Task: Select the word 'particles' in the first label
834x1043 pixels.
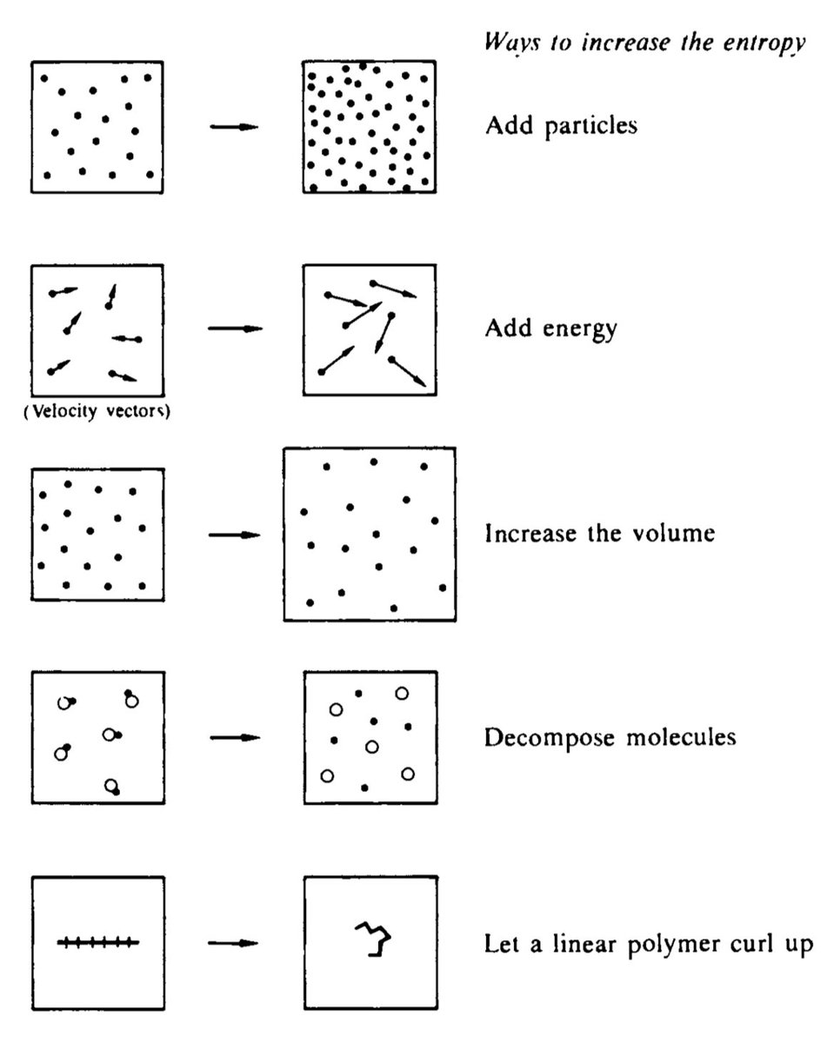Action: click(591, 127)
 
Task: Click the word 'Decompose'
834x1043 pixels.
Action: click(550, 738)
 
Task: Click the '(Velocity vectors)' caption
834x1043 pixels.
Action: click(97, 411)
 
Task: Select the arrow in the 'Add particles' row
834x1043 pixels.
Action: click(234, 127)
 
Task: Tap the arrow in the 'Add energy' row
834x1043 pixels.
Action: click(235, 329)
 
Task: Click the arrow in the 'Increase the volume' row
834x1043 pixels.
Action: click(235, 535)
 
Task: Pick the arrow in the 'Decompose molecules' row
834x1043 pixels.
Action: click(235, 738)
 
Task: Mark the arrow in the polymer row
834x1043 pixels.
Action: click(233, 943)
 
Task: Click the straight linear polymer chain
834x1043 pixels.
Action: click(98, 943)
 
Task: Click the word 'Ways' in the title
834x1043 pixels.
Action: click(512, 43)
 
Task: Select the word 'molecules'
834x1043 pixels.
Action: click(681, 737)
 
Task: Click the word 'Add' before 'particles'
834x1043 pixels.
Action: click(510, 125)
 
